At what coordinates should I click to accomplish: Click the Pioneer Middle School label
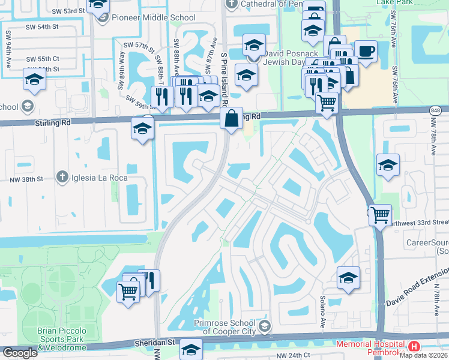153,17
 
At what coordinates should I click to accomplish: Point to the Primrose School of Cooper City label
226,327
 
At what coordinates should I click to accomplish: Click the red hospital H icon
414,347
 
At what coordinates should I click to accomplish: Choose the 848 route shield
436,111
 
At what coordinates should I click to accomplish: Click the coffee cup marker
366,51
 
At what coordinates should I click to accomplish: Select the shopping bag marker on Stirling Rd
231,119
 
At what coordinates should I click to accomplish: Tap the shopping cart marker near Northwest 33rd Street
380,214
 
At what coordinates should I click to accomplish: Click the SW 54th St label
42,28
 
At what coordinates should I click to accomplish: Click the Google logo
19,353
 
